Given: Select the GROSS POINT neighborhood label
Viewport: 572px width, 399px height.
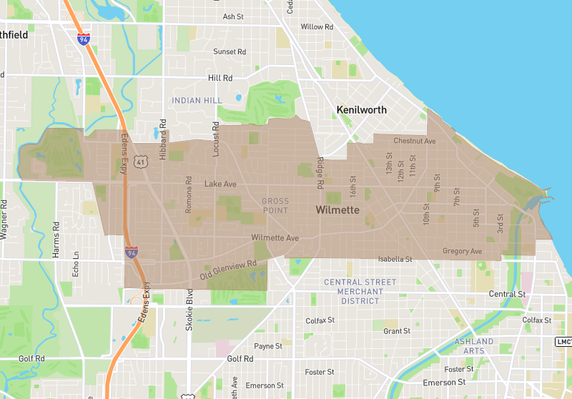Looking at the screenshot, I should point(275,206).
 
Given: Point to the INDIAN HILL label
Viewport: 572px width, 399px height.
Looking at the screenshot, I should point(197,101).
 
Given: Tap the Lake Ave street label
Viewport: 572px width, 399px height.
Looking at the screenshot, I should point(220,184).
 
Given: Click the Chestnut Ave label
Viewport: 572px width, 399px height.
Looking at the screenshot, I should point(414,141).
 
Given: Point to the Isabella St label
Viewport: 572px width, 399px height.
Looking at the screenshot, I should point(395,258).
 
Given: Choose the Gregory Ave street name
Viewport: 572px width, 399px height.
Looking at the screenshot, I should point(462,251).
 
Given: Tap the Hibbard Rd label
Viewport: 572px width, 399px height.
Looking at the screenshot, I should point(163,134).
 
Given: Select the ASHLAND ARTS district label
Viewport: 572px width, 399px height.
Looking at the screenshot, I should point(474,346).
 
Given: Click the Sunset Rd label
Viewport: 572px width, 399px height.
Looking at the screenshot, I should point(230,51).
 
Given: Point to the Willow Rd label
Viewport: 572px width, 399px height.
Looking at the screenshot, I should point(317,26).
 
